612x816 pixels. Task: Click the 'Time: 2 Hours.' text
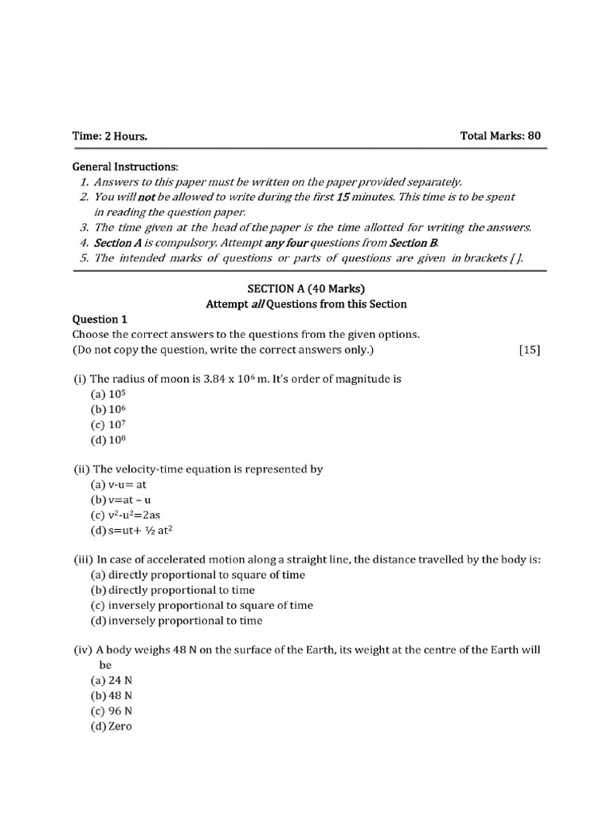110,136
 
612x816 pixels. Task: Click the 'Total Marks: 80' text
500,135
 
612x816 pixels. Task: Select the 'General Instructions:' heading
125,167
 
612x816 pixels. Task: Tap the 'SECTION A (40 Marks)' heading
307,288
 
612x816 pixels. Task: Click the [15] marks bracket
528,350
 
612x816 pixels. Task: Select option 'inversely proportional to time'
176,620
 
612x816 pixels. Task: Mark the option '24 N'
112,681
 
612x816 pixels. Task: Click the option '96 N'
112,711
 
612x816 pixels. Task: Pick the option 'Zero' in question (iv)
112,726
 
